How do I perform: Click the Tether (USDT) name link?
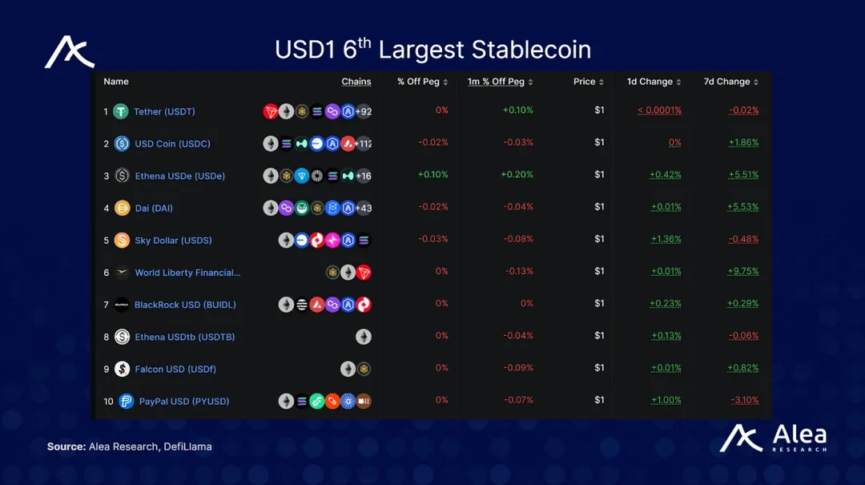pyautogui.click(x=164, y=111)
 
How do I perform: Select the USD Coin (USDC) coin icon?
pyautogui.click(x=122, y=143)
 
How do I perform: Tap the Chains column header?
pyautogui.click(x=356, y=82)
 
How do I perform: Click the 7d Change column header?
pyautogui.click(x=726, y=82)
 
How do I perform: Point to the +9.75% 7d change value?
pyautogui.click(x=742, y=272)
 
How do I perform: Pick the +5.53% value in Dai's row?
pyautogui.click(x=742, y=207)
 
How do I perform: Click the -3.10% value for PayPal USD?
pyautogui.click(x=744, y=400)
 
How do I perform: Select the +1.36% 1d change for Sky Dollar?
pyautogui.click(x=666, y=239)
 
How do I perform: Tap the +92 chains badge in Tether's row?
pyautogui.click(x=364, y=111)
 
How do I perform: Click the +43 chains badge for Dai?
pyautogui.click(x=364, y=208)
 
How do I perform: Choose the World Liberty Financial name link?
pyautogui.click(x=187, y=273)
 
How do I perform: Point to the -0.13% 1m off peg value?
pyautogui.click(x=519, y=271)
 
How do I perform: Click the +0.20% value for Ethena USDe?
pyautogui.click(x=517, y=175)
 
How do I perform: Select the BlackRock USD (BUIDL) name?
pyautogui.click(x=185, y=305)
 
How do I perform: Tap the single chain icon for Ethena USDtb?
pyautogui.click(x=364, y=337)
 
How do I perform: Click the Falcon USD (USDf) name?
pyautogui.click(x=175, y=369)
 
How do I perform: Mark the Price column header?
pyautogui.click(x=584, y=82)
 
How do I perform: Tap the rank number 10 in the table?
pyautogui.click(x=109, y=401)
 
